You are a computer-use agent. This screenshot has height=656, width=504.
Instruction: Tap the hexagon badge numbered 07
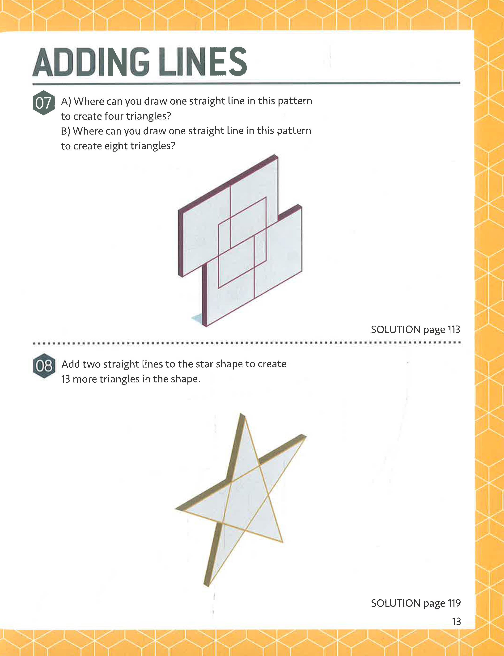[x=43, y=103]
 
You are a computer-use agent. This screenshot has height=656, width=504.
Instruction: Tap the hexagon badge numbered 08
[x=44, y=366]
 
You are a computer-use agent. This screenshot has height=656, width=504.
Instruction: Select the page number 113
[x=454, y=329]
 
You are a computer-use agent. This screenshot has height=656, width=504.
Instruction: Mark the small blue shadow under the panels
[x=197, y=318]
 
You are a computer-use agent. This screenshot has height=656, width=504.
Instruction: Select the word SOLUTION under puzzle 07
[x=395, y=329]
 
